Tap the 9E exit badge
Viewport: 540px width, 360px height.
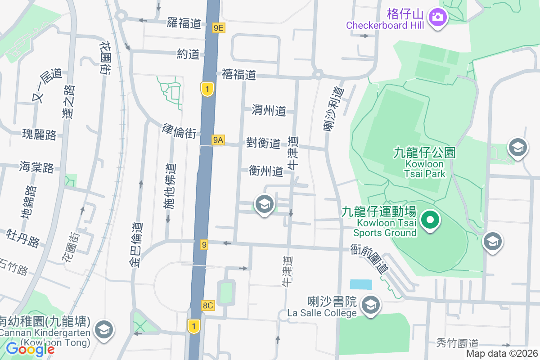[218, 28]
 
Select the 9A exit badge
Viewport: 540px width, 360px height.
[218, 140]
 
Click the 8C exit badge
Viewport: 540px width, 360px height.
[208, 306]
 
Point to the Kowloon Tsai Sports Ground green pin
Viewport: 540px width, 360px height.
[430, 220]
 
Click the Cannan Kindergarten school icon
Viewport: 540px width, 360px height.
[104, 330]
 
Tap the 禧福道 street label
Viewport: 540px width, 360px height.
[238, 75]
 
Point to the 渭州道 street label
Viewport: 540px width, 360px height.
[269, 110]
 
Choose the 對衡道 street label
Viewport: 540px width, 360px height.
[263, 143]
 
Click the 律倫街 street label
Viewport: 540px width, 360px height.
[179, 131]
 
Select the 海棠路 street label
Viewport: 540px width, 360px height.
[36, 167]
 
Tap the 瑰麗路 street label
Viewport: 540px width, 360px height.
[40, 134]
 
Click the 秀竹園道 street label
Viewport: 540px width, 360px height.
[457, 343]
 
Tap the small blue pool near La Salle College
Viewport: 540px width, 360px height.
[361, 284]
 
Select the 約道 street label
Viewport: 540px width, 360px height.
[188, 54]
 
